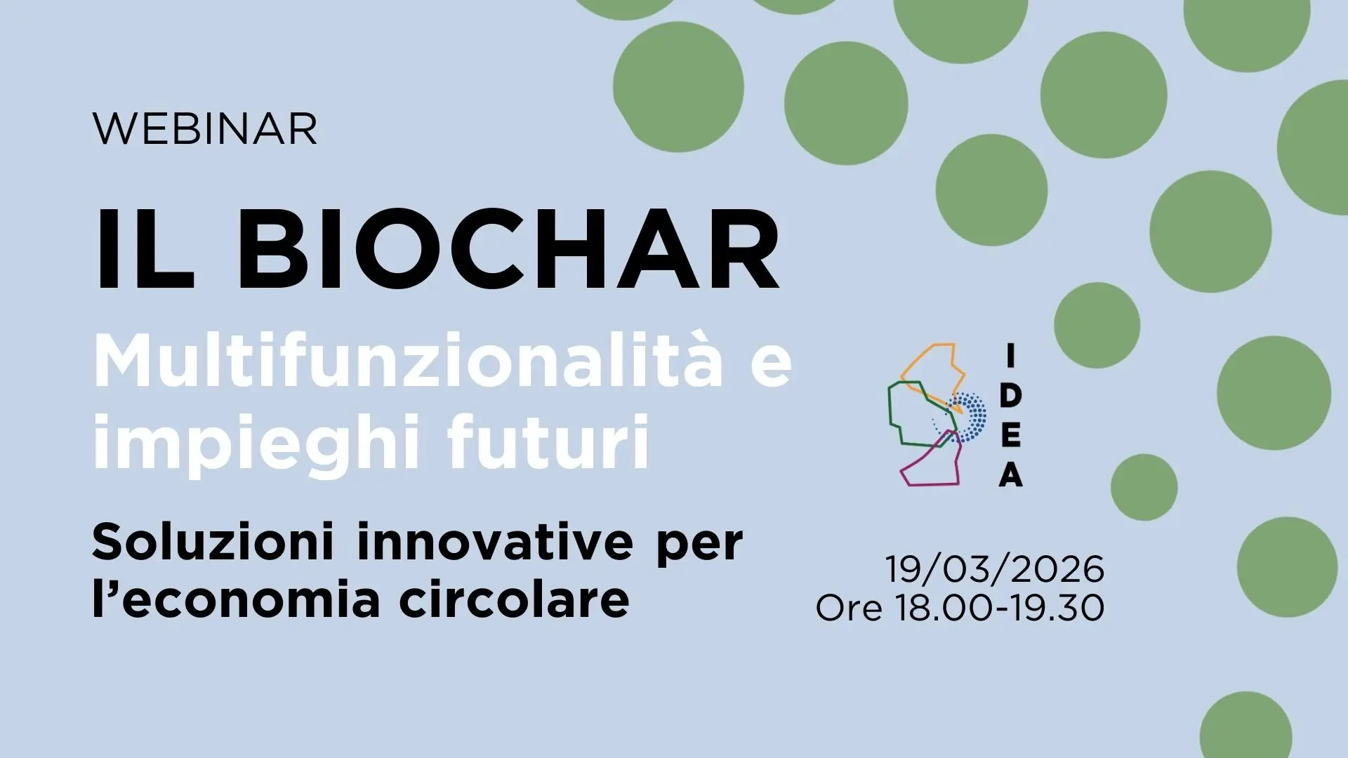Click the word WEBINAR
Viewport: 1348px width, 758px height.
(204, 129)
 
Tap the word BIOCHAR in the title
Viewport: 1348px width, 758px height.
(509, 249)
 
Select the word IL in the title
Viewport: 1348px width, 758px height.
(143, 249)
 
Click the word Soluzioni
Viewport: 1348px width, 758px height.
(213, 542)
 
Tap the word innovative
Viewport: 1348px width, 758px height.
(495, 542)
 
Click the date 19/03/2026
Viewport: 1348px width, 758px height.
(995, 568)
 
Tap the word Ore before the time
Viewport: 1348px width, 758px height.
(849, 608)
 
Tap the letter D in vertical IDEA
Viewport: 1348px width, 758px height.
(1010, 396)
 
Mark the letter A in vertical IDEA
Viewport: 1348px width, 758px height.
(1011, 475)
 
